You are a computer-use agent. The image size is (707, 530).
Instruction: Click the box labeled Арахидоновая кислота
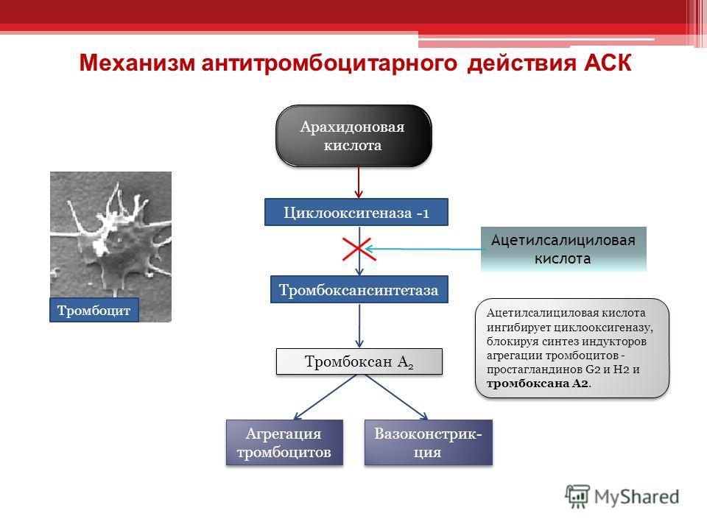pos(353,136)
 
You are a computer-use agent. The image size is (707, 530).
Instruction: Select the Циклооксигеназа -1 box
pos(356,213)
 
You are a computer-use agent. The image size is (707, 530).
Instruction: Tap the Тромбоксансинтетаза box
pos(359,289)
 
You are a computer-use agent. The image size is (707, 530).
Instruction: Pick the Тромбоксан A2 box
pos(359,361)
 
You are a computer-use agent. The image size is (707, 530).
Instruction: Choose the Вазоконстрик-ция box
pos(428,442)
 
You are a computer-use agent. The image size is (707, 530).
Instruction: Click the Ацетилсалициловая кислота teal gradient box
pos(563,248)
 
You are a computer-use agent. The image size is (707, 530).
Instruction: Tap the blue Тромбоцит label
pos(94,311)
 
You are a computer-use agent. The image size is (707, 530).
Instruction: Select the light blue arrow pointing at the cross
pos(423,250)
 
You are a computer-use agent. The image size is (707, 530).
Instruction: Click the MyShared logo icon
pos(578,496)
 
